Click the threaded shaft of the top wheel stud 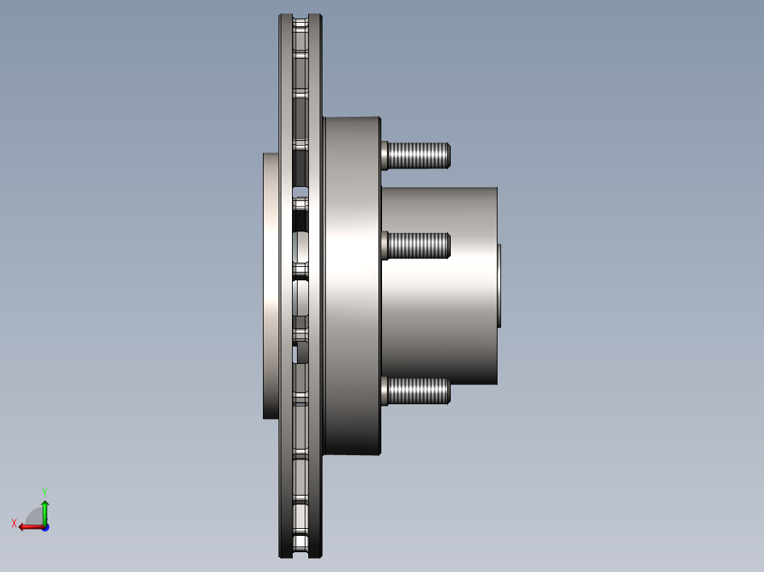(x=418, y=155)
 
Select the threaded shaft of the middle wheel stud (x=418, y=245)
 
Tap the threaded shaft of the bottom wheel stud (x=418, y=391)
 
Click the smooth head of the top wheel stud (x=385, y=155)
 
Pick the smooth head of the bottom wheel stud (x=385, y=391)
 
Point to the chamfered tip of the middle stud (x=449, y=245)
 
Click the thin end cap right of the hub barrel (x=500, y=285)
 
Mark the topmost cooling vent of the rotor (x=301, y=24)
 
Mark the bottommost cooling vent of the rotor (x=301, y=544)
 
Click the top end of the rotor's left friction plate (x=286, y=21)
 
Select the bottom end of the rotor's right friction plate (x=316, y=549)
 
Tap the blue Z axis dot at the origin (x=45, y=527)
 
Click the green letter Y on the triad (x=44, y=491)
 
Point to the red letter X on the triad (x=14, y=524)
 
